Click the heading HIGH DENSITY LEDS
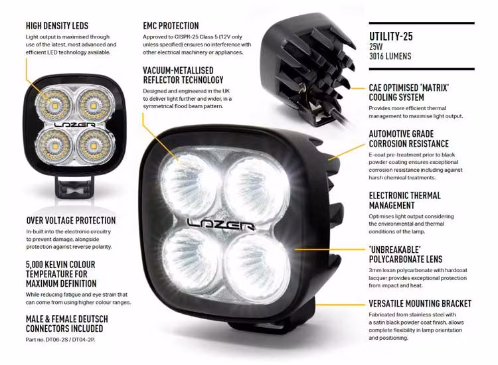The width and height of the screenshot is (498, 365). click(56, 25)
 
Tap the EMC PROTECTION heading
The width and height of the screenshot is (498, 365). click(171, 25)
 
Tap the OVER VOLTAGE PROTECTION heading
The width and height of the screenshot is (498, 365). click(70, 220)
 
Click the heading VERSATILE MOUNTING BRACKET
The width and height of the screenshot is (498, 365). click(420, 303)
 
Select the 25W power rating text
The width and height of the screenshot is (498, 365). click(376, 47)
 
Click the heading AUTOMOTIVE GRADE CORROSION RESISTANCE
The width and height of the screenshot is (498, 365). click(408, 139)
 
